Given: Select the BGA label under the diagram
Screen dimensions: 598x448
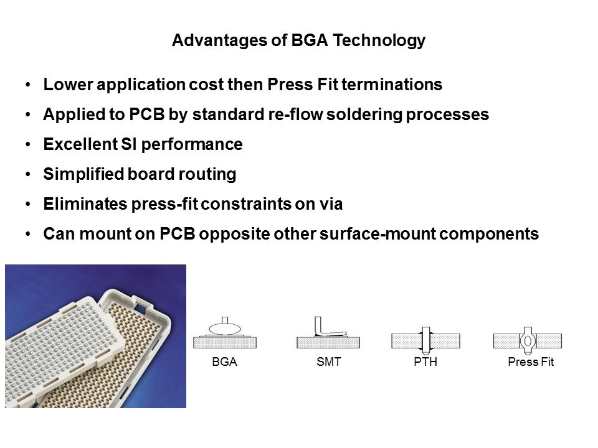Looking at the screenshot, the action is coord(225,362).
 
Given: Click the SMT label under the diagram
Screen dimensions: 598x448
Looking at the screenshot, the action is coord(329,362).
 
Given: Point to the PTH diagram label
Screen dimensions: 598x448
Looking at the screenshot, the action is coord(425,362).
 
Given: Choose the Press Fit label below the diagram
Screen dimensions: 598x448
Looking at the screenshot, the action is coord(531,362).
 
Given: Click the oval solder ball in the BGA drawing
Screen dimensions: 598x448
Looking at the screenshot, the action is coord(225,328).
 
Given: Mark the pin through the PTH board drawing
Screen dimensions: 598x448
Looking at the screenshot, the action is coord(426,340).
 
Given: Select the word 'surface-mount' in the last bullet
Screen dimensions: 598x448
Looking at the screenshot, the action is coord(377,234).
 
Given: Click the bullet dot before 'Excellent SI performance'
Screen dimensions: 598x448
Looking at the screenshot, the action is coord(28,144).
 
